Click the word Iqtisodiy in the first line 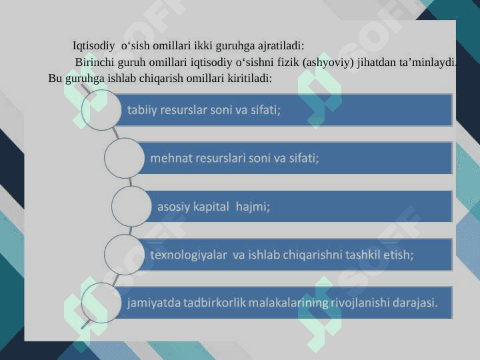[94, 46]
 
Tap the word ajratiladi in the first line [281, 46]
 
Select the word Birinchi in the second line [95, 62]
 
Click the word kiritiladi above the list [249, 79]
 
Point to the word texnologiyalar [189, 255]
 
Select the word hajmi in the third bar [253, 207]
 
